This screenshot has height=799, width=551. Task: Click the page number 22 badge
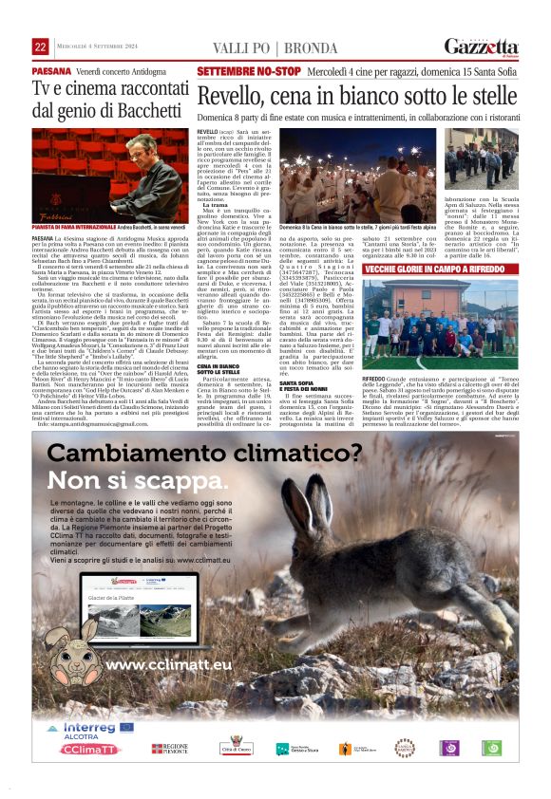click(x=40, y=47)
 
